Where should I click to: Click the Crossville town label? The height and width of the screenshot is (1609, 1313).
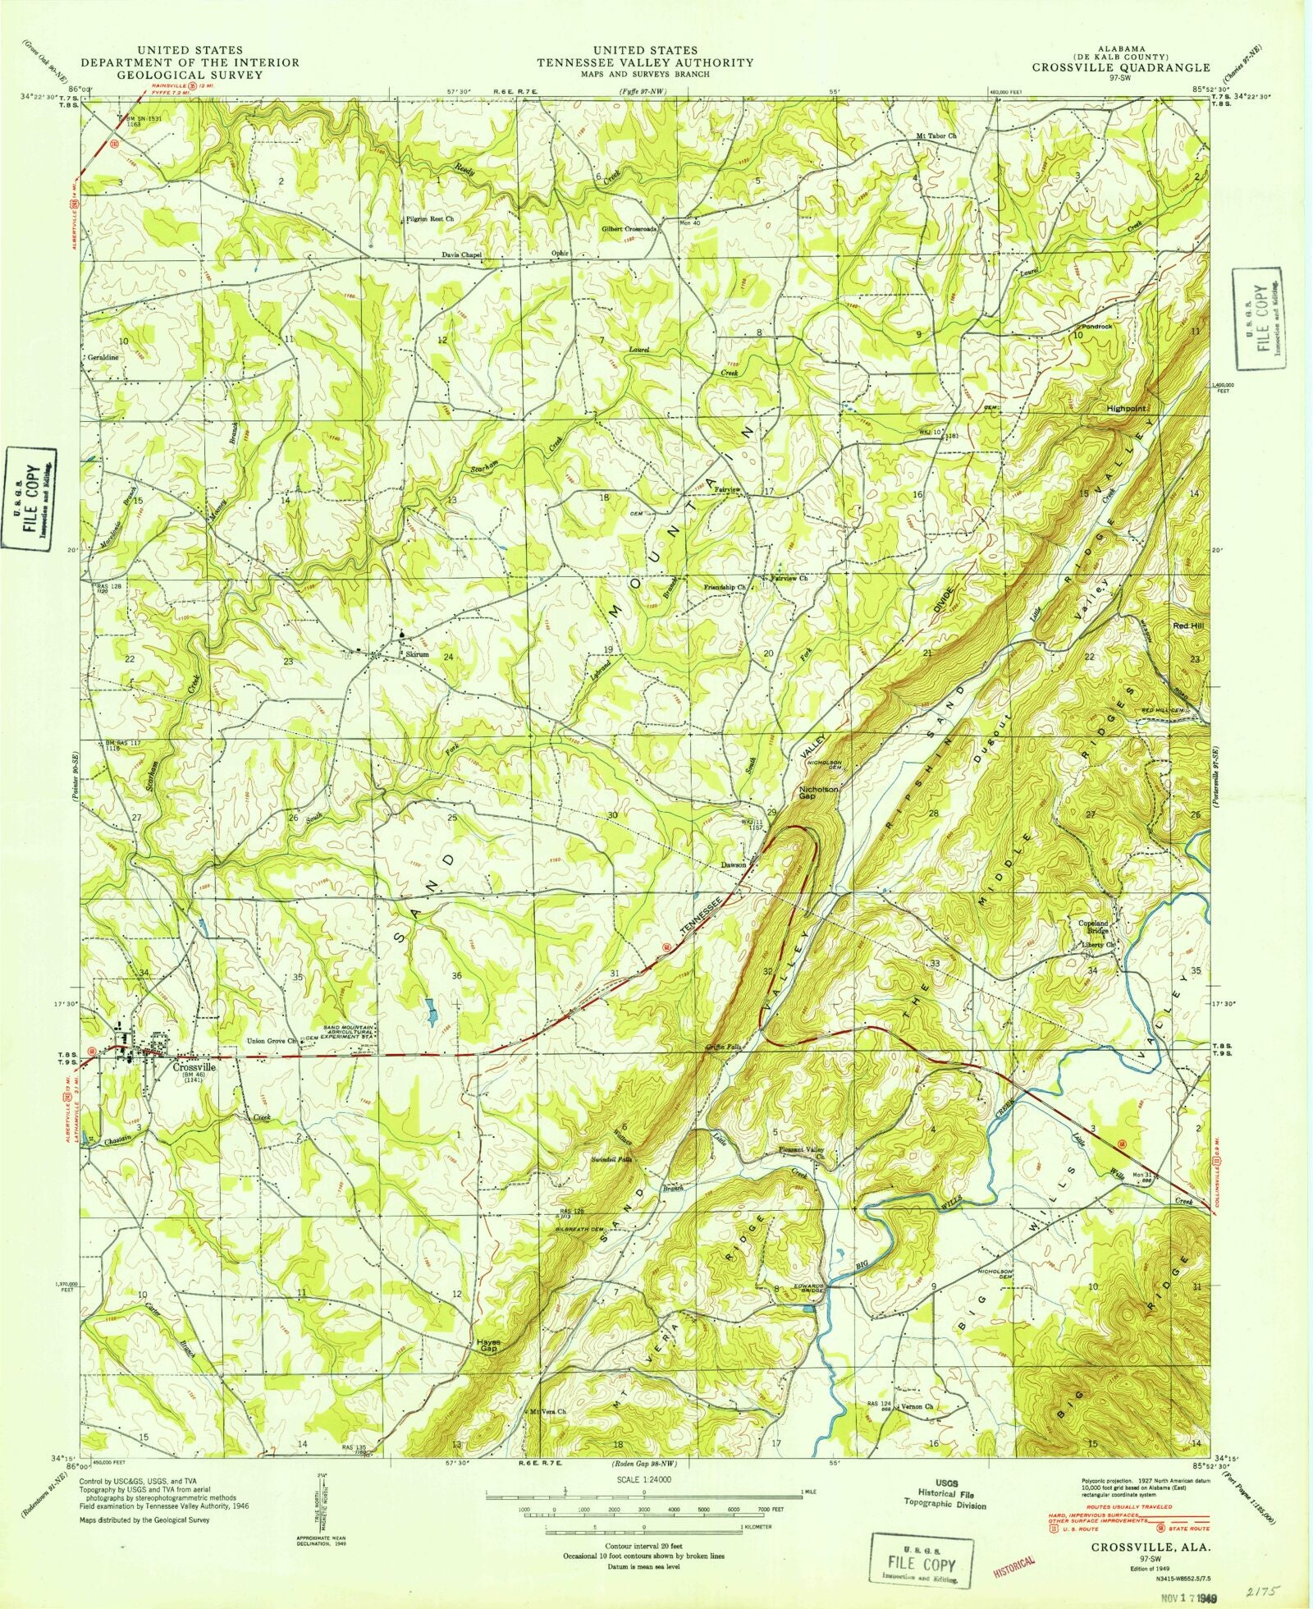(194, 1068)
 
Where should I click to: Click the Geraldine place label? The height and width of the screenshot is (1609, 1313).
(100, 359)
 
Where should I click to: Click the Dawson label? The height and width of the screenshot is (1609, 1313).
(733, 865)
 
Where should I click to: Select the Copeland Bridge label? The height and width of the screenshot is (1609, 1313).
(1093, 928)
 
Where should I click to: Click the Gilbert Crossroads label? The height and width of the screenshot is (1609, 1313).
(630, 230)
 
